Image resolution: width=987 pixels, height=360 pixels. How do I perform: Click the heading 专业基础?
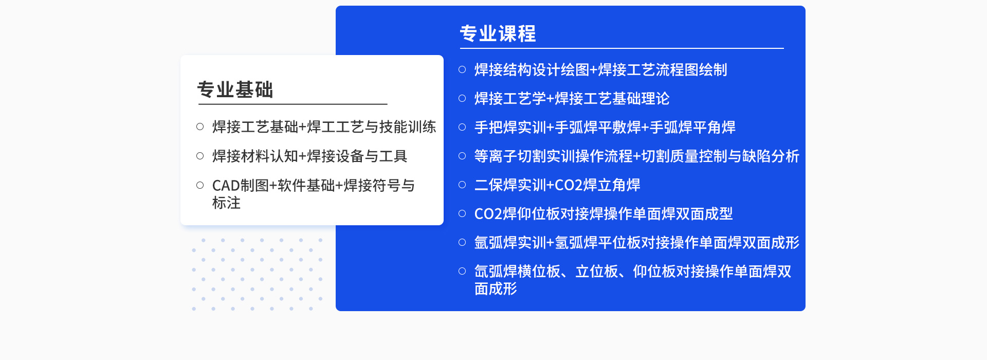click(235, 89)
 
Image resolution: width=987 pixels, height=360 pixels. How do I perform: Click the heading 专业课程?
click(498, 34)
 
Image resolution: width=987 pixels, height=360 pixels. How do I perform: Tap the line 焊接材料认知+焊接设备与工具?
click(309, 156)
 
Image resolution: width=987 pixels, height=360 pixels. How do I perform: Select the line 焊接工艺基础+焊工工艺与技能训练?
click(324, 127)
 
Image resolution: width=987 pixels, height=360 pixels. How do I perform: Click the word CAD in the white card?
click(226, 185)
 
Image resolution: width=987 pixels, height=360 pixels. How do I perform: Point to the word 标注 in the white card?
click(226, 203)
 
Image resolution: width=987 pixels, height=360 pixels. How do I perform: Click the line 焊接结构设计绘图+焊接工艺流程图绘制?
click(600, 69)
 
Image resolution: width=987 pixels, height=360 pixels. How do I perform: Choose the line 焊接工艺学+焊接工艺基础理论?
click(572, 98)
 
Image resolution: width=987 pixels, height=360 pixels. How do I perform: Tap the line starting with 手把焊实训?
click(605, 127)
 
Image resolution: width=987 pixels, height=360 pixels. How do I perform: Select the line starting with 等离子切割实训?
click(636, 156)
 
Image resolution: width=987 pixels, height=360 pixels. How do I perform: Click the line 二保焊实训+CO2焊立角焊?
click(557, 185)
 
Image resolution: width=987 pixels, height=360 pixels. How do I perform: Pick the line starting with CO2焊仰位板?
click(604, 213)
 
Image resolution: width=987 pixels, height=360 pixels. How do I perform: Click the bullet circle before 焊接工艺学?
click(462, 98)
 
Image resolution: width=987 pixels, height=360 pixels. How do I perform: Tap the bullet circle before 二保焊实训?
click(462, 185)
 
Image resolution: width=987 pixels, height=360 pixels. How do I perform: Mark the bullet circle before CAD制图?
click(200, 185)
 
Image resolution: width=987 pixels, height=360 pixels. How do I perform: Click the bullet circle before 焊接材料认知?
click(200, 156)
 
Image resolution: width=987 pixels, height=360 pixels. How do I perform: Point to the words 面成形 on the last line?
click(496, 289)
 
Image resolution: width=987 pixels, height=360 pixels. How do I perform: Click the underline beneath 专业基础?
click(293, 104)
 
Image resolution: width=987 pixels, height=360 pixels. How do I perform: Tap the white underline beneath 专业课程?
click(622, 48)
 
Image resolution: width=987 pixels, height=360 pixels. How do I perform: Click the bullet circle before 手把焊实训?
click(462, 127)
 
